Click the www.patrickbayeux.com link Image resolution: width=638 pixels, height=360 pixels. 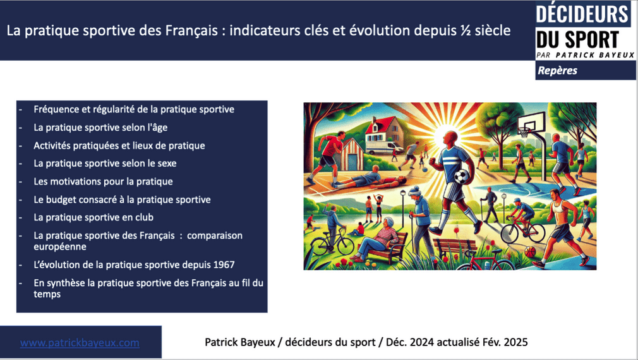(80, 342)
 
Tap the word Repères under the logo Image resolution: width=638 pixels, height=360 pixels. (557, 70)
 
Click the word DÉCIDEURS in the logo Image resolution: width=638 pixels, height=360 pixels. (582, 15)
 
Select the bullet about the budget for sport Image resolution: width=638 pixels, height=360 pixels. (122, 200)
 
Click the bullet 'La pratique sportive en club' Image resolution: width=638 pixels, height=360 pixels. (93, 218)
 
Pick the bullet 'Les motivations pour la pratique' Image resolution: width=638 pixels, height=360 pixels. (104, 182)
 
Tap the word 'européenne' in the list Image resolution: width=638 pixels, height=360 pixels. (60, 247)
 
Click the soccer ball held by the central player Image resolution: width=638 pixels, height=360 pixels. (462, 176)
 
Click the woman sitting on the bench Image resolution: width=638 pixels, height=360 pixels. (376, 239)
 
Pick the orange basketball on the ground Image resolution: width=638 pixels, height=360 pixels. (530, 252)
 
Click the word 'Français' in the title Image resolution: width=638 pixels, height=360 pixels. (191, 30)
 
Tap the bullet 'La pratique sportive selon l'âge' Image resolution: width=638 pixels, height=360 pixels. (100, 128)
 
